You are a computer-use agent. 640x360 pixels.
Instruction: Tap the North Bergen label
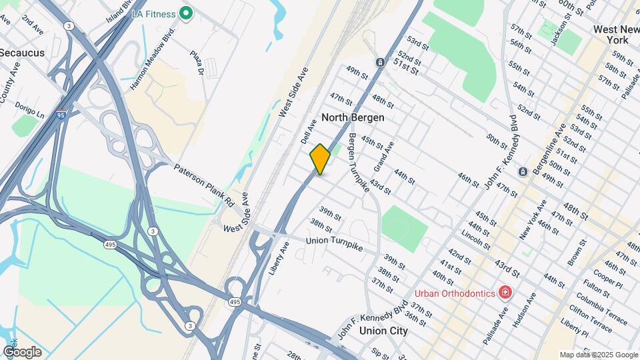coord(353,117)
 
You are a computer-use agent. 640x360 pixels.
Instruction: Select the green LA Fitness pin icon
coord(187,13)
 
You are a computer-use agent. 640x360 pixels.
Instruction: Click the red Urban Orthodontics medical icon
coord(505,293)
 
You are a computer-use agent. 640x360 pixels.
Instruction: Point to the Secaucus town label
coord(21,52)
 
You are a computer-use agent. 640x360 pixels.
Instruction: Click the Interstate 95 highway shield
coord(61,115)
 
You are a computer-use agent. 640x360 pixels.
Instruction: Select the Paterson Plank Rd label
coord(205,183)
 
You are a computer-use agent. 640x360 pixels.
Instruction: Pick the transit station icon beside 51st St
coord(379,63)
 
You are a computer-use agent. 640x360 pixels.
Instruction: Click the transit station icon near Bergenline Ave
coord(523,171)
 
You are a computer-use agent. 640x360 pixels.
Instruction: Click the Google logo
coord(22,351)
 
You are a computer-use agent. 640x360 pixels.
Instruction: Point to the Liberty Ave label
coord(279,259)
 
